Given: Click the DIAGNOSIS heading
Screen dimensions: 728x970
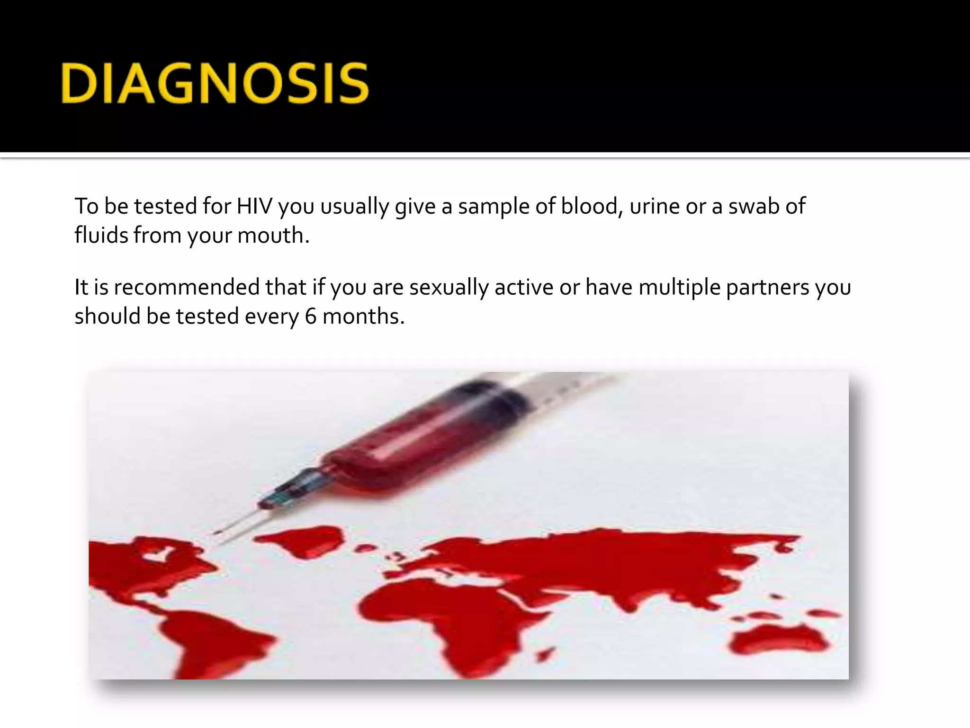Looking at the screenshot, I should click(x=215, y=84).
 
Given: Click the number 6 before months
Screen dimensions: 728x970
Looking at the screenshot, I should click(x=310, y=317).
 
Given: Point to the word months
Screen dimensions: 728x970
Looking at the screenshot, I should click(x=363, y=317).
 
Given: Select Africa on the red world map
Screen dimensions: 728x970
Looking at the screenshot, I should click(x=426, y=616).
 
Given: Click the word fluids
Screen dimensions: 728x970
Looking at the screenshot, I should click(x=101, y=236).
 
